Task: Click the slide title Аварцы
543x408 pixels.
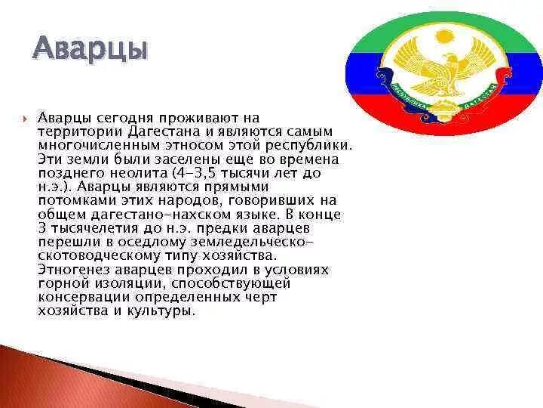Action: pyautogui.click(x=90, y=51)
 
